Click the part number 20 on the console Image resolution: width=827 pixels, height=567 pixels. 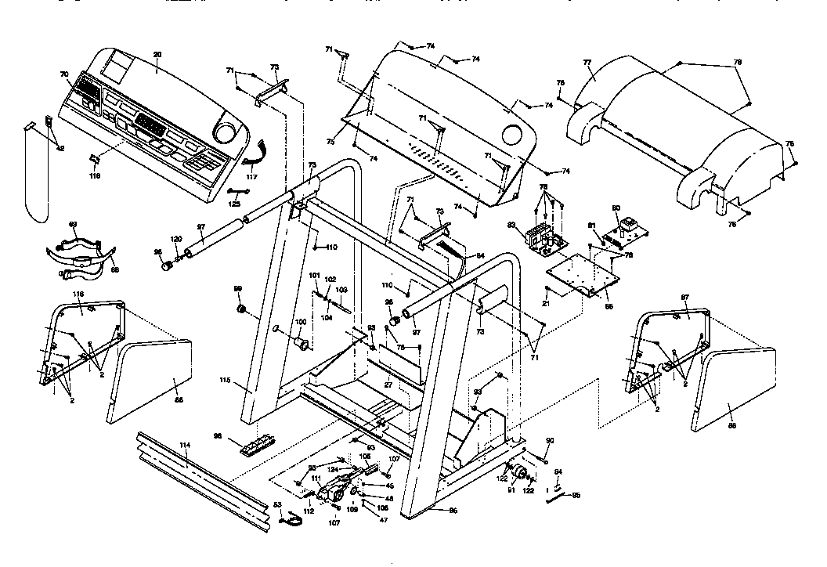(157, 55)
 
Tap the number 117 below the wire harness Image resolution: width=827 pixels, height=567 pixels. (251, 177)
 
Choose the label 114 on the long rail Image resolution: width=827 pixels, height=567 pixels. (185, 445)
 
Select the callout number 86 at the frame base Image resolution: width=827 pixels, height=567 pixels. (452, 511)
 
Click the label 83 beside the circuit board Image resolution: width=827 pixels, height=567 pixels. (511, 225)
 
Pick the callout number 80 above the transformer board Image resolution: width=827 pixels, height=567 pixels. (616, 208)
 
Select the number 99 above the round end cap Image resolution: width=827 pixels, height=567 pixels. (238, 290)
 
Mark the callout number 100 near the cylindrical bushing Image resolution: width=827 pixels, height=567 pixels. (300, 323)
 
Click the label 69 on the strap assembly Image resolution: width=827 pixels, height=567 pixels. (73, 225)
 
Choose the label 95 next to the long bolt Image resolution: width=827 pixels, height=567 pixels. (576, 495)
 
